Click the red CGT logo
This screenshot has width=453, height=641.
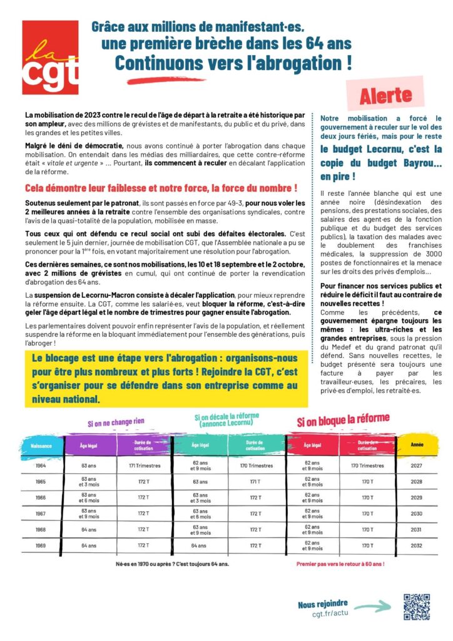point(50,57)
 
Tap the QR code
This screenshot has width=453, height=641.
point(416,607)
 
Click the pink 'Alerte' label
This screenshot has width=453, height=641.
point(385,95)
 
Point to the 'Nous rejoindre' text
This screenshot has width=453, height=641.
point(323,603)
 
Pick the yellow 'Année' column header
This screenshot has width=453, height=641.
point(417,444)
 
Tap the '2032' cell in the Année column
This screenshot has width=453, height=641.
point(417,545)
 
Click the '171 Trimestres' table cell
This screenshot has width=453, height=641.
point(145,465)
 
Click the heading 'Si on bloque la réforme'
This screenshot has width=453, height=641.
point(343,418)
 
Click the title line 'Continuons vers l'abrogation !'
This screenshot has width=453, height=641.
point(233,63)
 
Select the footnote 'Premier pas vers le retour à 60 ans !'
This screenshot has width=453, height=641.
point(340,563)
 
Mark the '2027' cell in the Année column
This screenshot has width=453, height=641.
point(417,465)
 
